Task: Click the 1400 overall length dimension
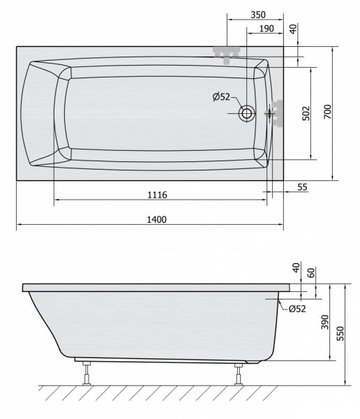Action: pos(157,220)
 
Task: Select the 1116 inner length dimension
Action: pos(158,195)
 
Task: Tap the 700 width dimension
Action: pos(327,112)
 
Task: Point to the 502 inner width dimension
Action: pos(306,113)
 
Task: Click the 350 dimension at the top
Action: pos(258,15)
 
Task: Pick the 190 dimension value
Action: pos(267,29)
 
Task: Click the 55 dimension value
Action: pos(302,187)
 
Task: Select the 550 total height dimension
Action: pos(340,333)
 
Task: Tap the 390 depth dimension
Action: pos(324,322)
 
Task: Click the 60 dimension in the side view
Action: pos(312,272)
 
